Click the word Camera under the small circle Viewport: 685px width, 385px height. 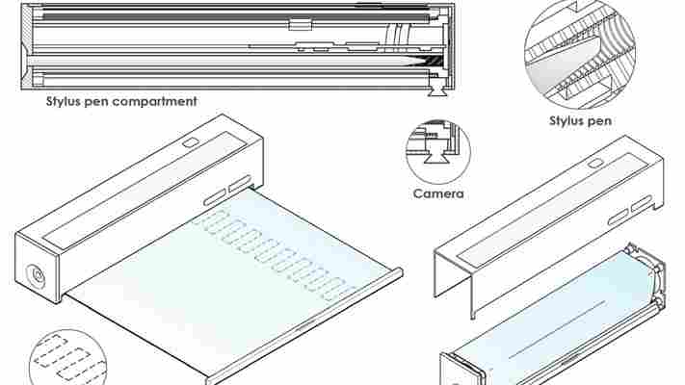[x=438, y=193]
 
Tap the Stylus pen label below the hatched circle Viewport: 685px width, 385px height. [x=580, y=121]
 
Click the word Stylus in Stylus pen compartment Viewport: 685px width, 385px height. [x=64, y=102]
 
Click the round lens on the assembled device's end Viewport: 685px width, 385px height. [x=37, y=276]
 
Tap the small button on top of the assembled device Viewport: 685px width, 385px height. [x=190, y=142]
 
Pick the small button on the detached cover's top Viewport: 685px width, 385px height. [x=594, y=164]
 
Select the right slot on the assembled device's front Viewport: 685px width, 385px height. [x=239, y=183]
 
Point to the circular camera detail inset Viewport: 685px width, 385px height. [x=438, y=151]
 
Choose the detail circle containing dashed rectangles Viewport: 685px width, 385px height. [x=66, y=358]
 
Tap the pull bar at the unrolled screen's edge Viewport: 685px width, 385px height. [x=304, y=325]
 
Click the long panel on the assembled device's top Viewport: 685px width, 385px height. [x=144, y=186]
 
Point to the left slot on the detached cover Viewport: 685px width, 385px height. [x=619, y=218]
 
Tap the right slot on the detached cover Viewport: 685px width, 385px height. [x=642, y=203]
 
